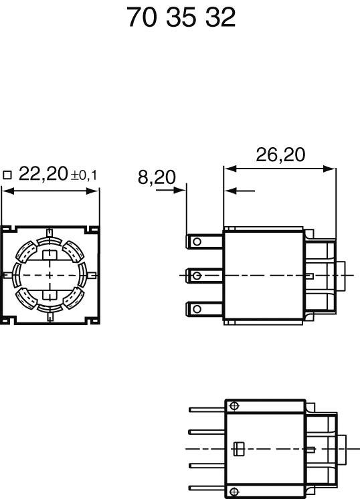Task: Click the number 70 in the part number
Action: pos(141,17)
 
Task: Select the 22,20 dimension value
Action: pos(43,175)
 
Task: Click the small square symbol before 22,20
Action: pos(7,176)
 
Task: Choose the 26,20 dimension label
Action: pos(280,155)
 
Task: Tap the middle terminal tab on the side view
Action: pos(203,275)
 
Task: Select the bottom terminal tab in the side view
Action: pos(203,308)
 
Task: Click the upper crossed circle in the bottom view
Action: pos(233,406)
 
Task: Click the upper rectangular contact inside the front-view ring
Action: pos(50,255)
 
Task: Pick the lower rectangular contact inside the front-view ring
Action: pos(50,295)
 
